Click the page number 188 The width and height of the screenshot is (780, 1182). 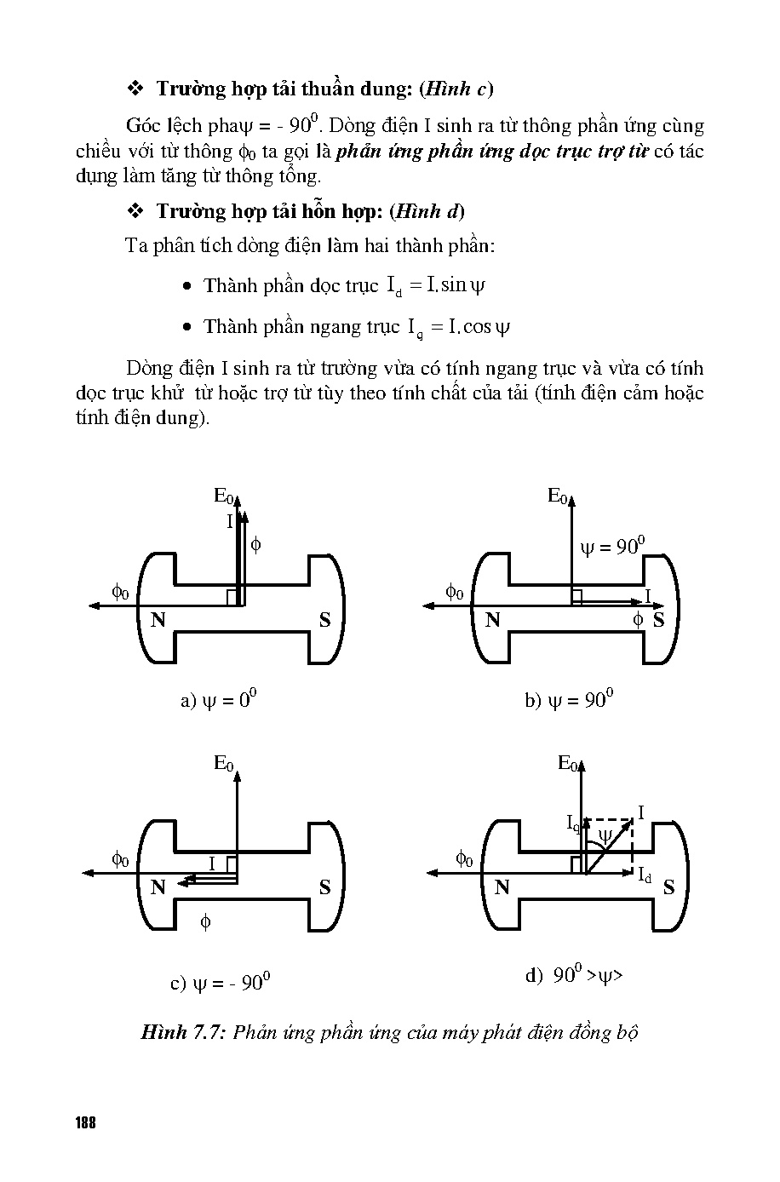[84, 1122]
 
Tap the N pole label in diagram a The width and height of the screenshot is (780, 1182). [158, 620]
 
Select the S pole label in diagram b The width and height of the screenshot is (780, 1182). [658, 620]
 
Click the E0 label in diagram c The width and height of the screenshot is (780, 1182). [223, 763]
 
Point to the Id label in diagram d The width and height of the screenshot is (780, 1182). [644, 875]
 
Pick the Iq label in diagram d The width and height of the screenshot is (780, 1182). [573, 822]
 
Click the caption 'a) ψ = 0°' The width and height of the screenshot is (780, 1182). [219, 700]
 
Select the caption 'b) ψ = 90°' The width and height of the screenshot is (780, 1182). [569, 700]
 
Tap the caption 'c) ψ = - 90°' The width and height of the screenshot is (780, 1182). [221, 983]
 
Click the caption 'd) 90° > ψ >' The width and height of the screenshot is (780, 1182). [575, 975]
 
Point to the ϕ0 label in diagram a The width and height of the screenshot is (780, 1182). [120, 591]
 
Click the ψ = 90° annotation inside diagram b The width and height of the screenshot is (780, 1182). [613, 546]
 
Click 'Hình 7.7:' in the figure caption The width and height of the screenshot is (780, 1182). [182, 1033]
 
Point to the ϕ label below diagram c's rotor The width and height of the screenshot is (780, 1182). [205, 921]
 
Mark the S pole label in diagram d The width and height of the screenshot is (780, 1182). [668, 887]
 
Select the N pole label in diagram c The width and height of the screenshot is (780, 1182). [158, 887]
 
